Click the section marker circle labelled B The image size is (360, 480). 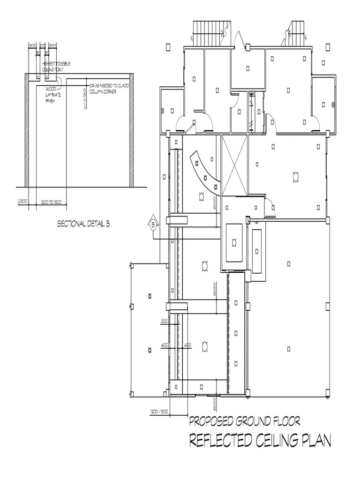click(153, 225)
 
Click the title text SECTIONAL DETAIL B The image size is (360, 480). click(83, 224)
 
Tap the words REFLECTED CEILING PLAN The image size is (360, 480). click(259, 441)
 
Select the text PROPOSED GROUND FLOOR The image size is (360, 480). click(244, 420)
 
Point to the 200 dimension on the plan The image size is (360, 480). click(165, 321)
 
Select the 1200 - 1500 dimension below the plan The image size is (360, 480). click(159, 412)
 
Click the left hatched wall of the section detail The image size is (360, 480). click(27, 131)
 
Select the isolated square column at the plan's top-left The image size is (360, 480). click(167, 47)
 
